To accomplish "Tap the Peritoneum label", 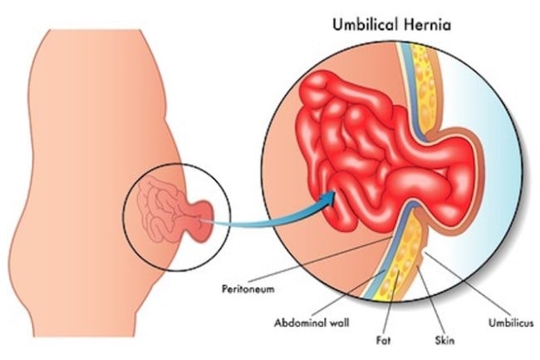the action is click(x=248, y=288).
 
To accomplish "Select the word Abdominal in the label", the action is click(x=300, y=323).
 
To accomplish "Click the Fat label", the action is click(x=383, y=341).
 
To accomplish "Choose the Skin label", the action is click(x=444, y=341).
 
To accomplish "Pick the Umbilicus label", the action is click(x=511, y=323).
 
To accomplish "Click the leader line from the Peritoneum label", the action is click(x=321, y=259).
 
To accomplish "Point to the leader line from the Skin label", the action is click(x=430, y=300).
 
